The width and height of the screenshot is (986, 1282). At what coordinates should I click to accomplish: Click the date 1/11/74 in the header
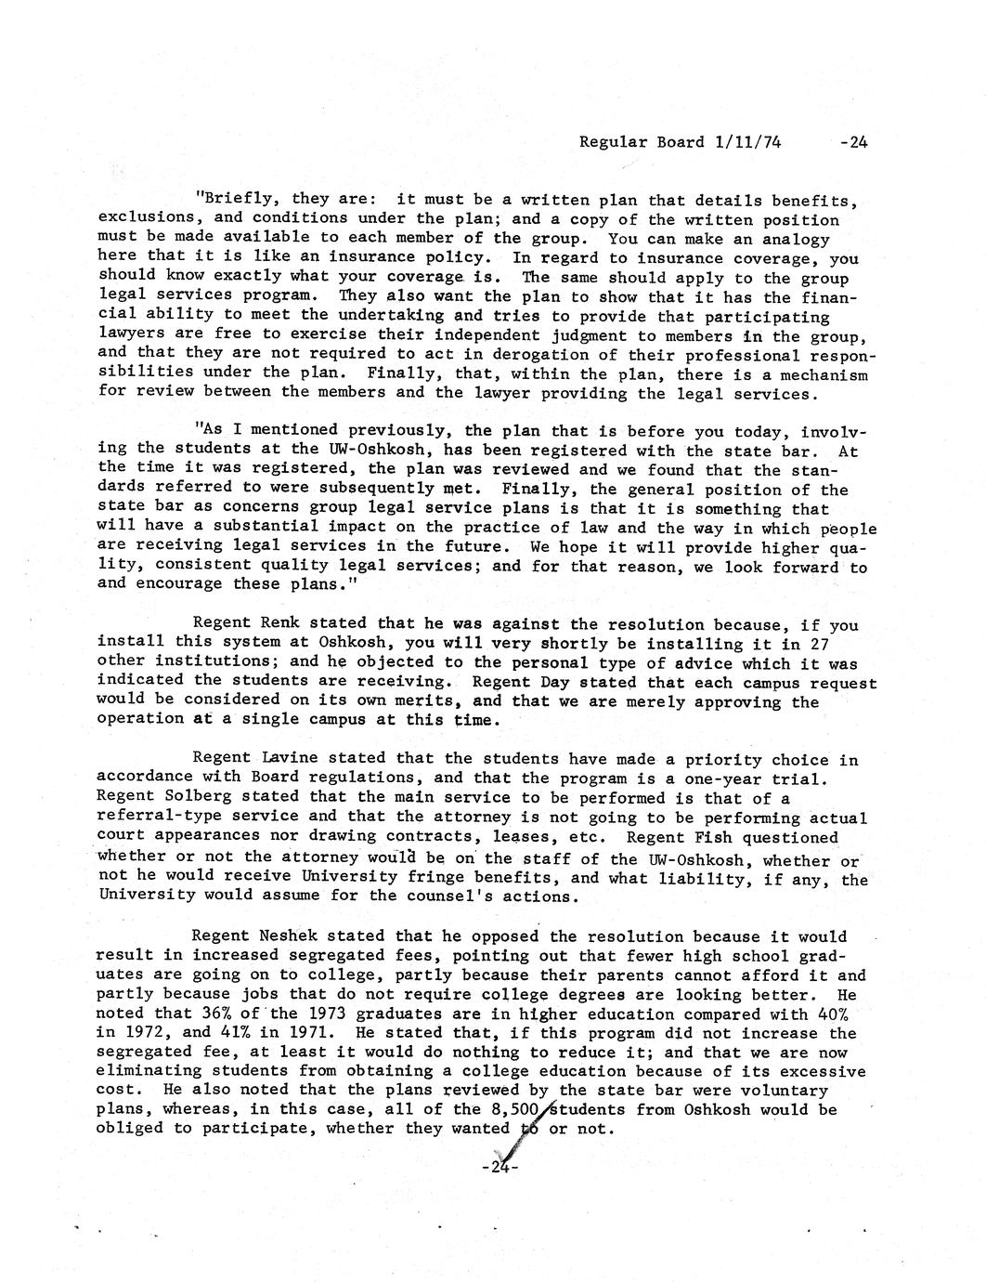pos(748,143)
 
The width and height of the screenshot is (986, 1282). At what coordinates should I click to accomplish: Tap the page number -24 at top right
pos(852,143)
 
